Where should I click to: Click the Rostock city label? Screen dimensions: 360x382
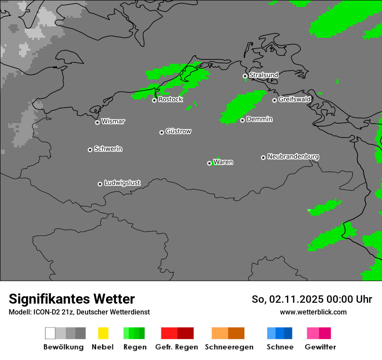(171, 99)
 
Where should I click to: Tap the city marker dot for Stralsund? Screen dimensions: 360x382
(245, 76)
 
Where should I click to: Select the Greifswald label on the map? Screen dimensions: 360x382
(295, 99)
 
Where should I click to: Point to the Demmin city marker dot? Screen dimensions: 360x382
(242, 120)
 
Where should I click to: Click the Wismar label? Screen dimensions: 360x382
(113, 121)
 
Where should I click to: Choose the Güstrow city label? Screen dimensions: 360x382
(178, 131)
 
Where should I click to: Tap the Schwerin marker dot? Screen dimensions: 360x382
(90, 150)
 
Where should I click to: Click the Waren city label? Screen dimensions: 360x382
(223, 162)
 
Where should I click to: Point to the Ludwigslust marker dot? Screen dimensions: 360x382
(100, 184)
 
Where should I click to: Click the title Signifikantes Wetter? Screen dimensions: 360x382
(72, 299)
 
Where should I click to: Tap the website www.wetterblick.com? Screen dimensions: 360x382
(313, 312)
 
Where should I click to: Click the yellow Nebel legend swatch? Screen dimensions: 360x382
(103, 333)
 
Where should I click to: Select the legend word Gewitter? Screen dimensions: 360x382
(320, 347)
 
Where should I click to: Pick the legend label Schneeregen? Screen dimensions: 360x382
(229, 347)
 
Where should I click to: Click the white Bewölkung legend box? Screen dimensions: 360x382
(50, 333)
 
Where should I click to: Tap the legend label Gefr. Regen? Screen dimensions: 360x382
(176, 347)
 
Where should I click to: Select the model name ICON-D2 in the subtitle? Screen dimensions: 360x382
(46, 312)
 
